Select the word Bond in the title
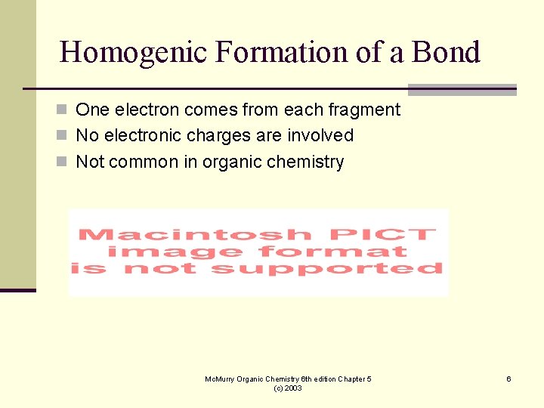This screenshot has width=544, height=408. (x=447, y=52)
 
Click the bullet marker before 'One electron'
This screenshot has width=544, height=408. (x=66, y=110)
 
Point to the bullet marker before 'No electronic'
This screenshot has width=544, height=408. (x=66, y=136)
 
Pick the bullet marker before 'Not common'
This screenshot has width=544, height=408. (x=66, y=162)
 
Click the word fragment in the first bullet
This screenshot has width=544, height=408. (x=364, y=110)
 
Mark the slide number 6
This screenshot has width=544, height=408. (x=508, y=379)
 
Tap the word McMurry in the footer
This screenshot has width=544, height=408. (x=221, y=379)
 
